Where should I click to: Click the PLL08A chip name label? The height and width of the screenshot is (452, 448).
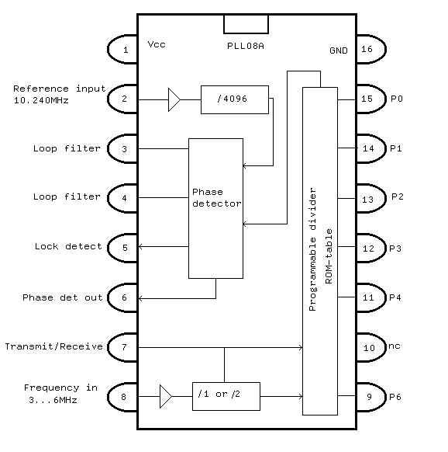point(246,46)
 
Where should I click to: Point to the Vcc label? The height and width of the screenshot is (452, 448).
point(157,44)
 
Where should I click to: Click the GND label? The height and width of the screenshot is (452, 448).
point(339,50)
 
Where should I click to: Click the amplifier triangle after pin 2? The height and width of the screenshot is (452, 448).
point(174,99)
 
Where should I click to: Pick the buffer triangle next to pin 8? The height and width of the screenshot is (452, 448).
point(165,396)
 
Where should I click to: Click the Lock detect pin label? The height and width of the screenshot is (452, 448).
point(68,246)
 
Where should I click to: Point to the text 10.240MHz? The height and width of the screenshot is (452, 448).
point(41,101)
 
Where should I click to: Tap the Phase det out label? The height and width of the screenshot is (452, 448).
point(63,297)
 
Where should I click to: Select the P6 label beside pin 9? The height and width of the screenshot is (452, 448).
point(395,397)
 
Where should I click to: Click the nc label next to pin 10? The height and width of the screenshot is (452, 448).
point(395,346)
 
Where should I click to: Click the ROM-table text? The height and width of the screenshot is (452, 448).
point(329,256)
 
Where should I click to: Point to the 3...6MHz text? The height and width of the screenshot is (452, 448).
point(53,400)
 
